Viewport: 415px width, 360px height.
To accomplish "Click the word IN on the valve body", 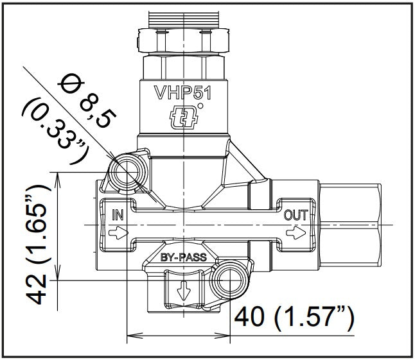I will [117, 213].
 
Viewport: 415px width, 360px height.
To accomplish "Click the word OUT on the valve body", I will [295, 213].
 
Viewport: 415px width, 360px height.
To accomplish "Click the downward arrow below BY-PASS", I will [184, 291].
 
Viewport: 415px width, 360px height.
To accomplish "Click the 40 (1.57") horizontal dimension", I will [294, 316].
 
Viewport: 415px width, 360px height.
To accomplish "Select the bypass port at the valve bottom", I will [184, 292].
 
